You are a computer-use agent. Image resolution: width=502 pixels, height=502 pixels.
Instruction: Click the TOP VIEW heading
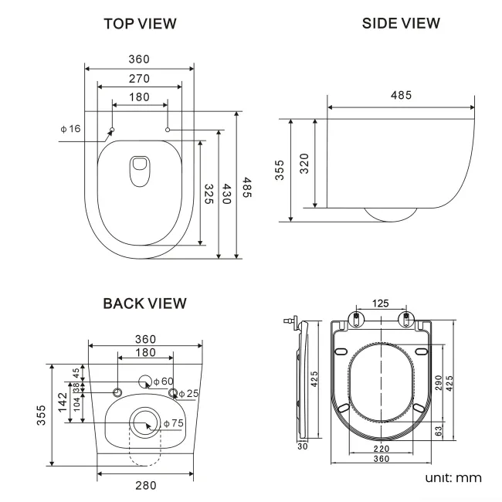pyautogui.click(x=140, y=24)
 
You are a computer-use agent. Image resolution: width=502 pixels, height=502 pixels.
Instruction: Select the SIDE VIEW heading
pyautogui.click(x=401, y=23)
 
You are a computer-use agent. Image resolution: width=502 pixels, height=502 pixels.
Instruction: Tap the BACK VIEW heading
pyautogui.click(x=144, y=304)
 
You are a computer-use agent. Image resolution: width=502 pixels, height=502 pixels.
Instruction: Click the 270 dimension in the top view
pyautogui.click(x=140, y=78)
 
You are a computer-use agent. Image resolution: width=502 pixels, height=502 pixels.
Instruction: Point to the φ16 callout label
pyautogui.click(x=70, y=128)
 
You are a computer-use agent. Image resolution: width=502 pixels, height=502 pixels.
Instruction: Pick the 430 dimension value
pyautogui.click(x=227, y=193)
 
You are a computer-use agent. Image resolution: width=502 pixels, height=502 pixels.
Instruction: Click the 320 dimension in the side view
pyautogui.click(x=304, y=165)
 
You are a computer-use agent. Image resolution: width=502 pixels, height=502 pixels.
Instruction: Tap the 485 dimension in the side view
pyautogui.click(x=400, y=95)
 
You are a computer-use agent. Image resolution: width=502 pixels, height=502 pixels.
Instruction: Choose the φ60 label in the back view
pyautogui.click(x=163, y=381)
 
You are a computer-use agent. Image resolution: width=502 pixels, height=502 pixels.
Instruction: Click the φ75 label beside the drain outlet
pyautogui.click(x=173, y=423)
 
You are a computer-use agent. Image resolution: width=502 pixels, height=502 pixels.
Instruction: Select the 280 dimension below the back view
pyautogui.click(x=145, y=485)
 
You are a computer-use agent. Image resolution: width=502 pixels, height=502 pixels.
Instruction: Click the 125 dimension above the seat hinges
pyautogui.click(x=379, y=304)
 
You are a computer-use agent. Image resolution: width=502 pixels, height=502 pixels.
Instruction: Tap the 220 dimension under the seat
pyautogui.click(x=378, y=448)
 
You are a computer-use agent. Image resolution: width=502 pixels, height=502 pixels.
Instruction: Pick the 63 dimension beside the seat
pyautogui.click(x=438, y=431)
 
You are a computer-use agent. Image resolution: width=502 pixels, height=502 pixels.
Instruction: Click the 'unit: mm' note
pyautogui.click(x=453, y=477)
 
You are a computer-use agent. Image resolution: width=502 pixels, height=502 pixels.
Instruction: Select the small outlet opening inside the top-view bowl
pyautogui.click(x=140, y=170)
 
